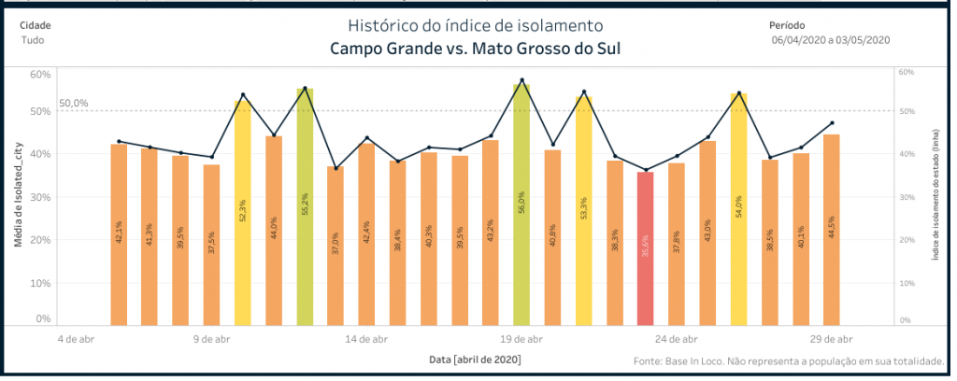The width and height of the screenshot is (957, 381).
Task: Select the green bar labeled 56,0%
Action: (x=521, y=205)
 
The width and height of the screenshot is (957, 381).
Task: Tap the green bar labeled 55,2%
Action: (x=305, y=206)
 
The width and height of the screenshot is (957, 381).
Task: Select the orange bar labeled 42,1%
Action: (x=119, y=234)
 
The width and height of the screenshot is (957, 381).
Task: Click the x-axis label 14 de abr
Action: (x=367, y=339)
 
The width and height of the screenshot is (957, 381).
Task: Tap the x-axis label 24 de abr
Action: (x=677, y=339)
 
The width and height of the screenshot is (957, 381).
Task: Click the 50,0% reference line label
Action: (x=73, y=104)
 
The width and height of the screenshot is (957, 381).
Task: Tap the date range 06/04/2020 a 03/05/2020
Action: (x=831, y=40)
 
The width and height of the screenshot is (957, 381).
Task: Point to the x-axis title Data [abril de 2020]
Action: (x=475, y=360)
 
